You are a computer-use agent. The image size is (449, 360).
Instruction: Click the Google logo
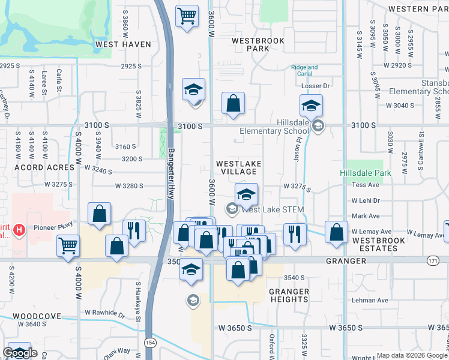(20, 353)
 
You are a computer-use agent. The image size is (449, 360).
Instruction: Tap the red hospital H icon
(20, 229)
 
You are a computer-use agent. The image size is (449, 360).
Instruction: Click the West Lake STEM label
(273, 209)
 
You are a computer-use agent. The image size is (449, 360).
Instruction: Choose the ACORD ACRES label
(37, 167)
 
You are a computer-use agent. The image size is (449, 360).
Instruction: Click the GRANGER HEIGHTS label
(289, 296)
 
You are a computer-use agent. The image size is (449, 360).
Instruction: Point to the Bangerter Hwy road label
(172, 174)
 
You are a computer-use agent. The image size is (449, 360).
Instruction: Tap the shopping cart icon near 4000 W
(68, 245)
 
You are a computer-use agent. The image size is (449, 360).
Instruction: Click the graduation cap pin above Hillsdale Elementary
(311, 106)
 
